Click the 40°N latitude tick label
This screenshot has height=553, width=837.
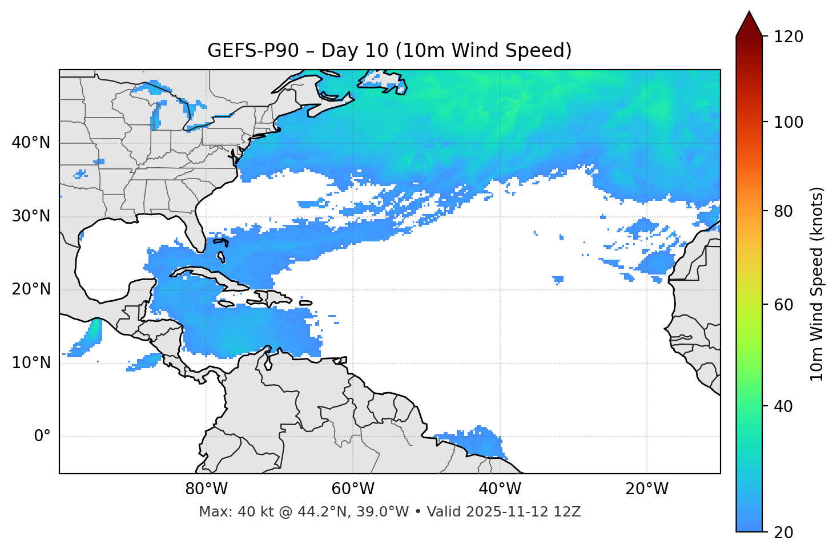(31, 143)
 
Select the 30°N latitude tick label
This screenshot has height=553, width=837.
(31, 216)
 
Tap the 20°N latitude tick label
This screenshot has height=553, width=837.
(31, 289)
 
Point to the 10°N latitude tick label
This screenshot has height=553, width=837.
(31, 363)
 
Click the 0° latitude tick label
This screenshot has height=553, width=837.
(42, 437)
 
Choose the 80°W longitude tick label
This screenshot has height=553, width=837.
(206, 489)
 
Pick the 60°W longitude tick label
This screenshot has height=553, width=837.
(353, 489)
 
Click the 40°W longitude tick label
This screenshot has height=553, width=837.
(500, 489)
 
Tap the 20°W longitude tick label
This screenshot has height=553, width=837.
(647, 489)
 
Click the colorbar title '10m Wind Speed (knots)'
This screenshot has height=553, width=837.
(817, 284)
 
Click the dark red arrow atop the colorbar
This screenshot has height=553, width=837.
(749, 25)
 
